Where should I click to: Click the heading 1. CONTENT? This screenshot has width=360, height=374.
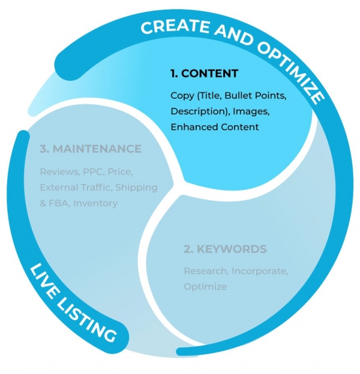click(x=204, y=74)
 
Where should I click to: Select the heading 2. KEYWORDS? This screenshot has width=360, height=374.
click(x=225, y=249)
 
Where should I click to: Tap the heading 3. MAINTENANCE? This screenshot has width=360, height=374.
click(x=91, y=149)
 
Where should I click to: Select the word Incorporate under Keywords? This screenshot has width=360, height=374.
click(x=260, y=271)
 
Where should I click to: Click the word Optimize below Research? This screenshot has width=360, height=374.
click(x=205, y=286)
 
